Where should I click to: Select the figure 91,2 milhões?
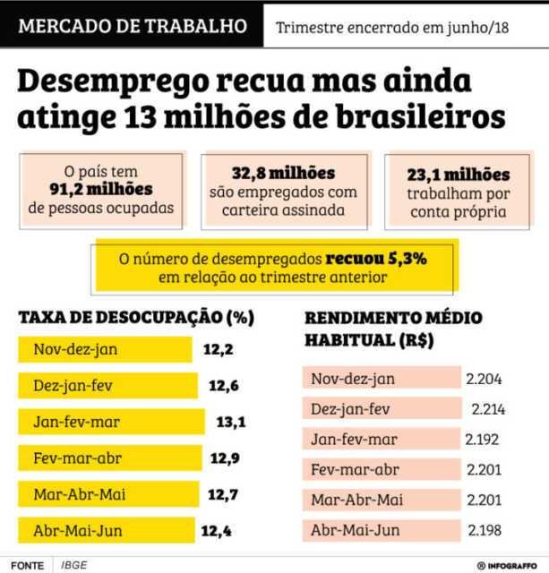click(101, 189)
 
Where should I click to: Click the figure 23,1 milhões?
click(459, 175)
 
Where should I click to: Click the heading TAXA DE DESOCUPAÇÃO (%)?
click(136, 318)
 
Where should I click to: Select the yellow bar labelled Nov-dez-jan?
click(104, 349)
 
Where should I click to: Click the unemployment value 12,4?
click(216, 531)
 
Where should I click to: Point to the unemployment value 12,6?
click(224, 386)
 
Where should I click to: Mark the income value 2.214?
click(489, 409)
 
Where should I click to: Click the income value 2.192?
click(482, 440)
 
